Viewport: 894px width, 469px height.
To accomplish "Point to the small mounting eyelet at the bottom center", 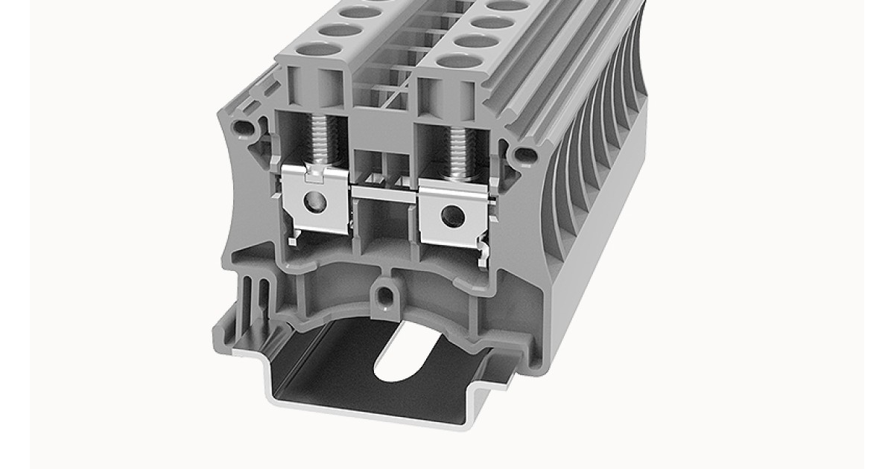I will tap(384, 296).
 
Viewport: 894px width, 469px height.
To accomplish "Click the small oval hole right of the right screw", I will tap(525, 155).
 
